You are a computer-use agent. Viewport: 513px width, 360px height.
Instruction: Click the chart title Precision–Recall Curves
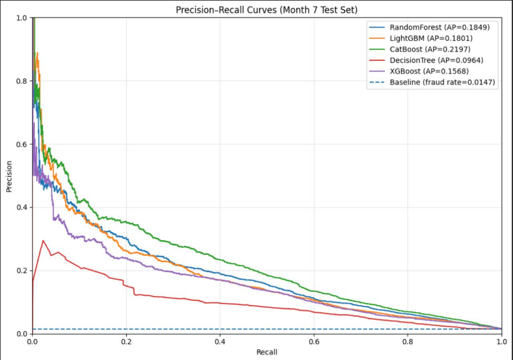267,9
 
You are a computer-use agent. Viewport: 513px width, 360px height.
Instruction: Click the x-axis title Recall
267,352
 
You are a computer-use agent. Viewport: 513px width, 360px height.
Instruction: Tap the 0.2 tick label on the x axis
126,341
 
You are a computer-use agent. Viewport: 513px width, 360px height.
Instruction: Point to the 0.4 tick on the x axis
220,341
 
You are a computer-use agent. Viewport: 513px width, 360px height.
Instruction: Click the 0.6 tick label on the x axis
314,341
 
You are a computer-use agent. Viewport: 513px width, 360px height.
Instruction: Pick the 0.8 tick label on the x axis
408,341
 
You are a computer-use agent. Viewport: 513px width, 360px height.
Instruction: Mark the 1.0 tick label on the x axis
500,341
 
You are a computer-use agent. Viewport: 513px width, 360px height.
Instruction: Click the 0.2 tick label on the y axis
21,270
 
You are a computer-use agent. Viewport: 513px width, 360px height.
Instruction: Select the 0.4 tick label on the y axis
21,207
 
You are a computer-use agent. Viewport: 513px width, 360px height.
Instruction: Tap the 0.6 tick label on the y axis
21,144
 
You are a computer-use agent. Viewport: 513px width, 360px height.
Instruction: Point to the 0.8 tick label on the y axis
21,81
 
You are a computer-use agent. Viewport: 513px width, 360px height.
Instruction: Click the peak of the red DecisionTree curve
44,241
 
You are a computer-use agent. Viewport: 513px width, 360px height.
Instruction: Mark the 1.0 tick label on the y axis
21,18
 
